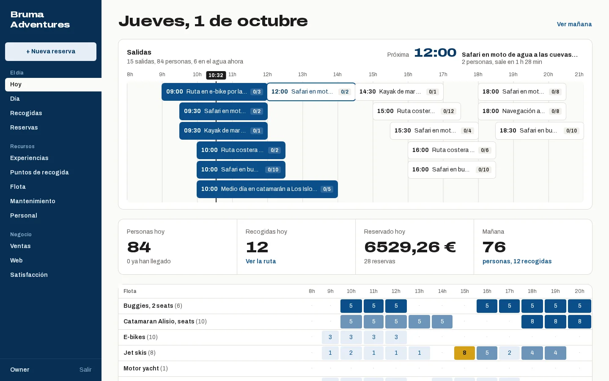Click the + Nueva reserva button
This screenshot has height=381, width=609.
point(51,52)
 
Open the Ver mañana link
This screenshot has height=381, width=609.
point(574,24)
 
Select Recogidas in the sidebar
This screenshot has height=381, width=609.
point(26,113)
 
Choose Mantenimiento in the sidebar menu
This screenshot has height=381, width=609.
point(33,201)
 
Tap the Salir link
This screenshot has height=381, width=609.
point(85,370)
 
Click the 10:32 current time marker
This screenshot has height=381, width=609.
point(216,75)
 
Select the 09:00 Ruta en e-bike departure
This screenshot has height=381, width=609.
point(214,92)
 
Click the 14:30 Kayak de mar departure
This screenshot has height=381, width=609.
point(399,92)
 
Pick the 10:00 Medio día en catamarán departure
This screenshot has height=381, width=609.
point(267,189)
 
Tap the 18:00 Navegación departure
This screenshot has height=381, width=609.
point(522,111)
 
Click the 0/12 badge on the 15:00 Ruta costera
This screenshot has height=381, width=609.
point(448,111)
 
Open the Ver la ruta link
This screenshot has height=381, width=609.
point(261,261)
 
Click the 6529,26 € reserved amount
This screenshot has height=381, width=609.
point(410,247)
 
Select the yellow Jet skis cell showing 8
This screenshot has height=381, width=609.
point(464,353)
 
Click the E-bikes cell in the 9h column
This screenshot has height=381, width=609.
point(330,337)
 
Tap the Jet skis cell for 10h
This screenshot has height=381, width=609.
point(351,353)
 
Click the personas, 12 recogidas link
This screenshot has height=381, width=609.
point(517,261)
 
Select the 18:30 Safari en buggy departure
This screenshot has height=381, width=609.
point(539,131)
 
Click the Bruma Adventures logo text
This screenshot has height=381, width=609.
point(40,19)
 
